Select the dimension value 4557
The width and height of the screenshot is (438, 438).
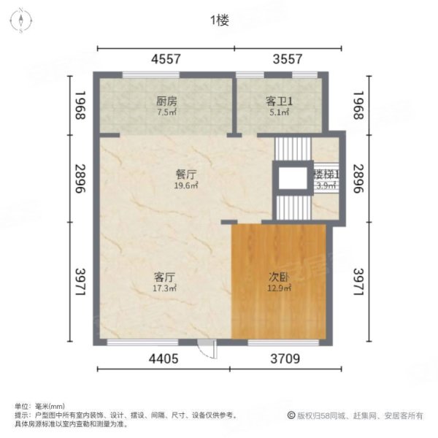166,60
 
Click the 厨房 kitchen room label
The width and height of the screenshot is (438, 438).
166,101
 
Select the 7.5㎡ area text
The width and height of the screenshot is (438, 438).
166,112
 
